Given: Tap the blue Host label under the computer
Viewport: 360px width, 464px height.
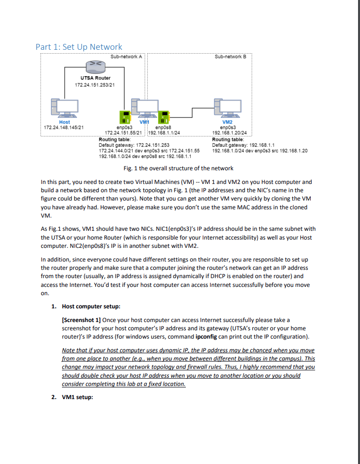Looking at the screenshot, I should click(x=64, y=122).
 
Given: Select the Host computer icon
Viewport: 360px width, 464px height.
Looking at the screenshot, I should click(x=64, y=107).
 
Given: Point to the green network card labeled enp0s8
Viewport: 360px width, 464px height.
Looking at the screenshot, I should click(x=164, y=117).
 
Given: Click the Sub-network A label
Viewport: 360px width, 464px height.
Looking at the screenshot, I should click(x=126, y=57).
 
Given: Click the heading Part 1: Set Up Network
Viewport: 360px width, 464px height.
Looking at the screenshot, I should click(x=79, y=47).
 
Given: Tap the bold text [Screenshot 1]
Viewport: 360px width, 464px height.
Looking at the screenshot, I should click(x=81, y=320).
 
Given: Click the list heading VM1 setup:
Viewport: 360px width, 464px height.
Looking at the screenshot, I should click(x=78, y=397).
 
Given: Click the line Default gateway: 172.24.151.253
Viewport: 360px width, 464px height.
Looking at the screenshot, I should click(x=134, y=145).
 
